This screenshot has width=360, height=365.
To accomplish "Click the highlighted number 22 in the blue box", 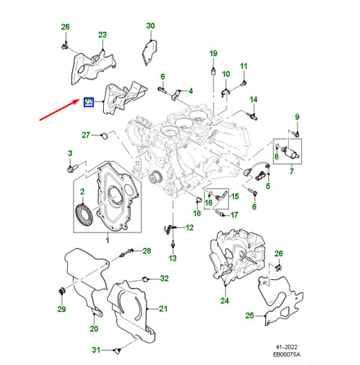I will coord(88,102).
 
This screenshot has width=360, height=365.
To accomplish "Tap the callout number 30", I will coord(151,26).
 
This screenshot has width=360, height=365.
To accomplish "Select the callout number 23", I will coord(102,35).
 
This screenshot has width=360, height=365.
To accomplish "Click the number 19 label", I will coord(213,54).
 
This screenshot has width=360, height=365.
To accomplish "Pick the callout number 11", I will coord(244,65).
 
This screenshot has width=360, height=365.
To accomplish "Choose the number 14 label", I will coord(253,99).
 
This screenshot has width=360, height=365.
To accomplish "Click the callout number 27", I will coord(86,134).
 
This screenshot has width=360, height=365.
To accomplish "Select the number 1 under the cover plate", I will coord(108,241).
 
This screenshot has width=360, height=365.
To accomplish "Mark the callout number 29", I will coord(61,309).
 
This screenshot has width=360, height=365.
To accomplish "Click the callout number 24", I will coord(224,301).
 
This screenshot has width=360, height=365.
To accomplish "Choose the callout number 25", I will coord(250,315).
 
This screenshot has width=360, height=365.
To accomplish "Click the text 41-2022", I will coord(287,346).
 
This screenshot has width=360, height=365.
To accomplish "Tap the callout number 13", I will coord(173,258).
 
